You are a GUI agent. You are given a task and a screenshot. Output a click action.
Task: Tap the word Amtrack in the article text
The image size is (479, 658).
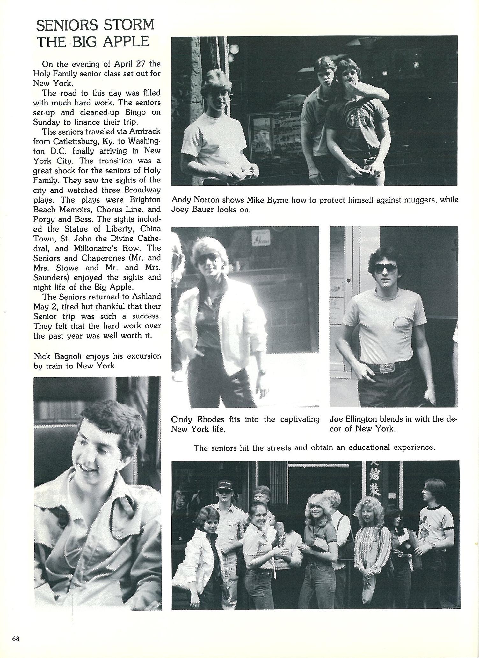[x=145, y=131]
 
